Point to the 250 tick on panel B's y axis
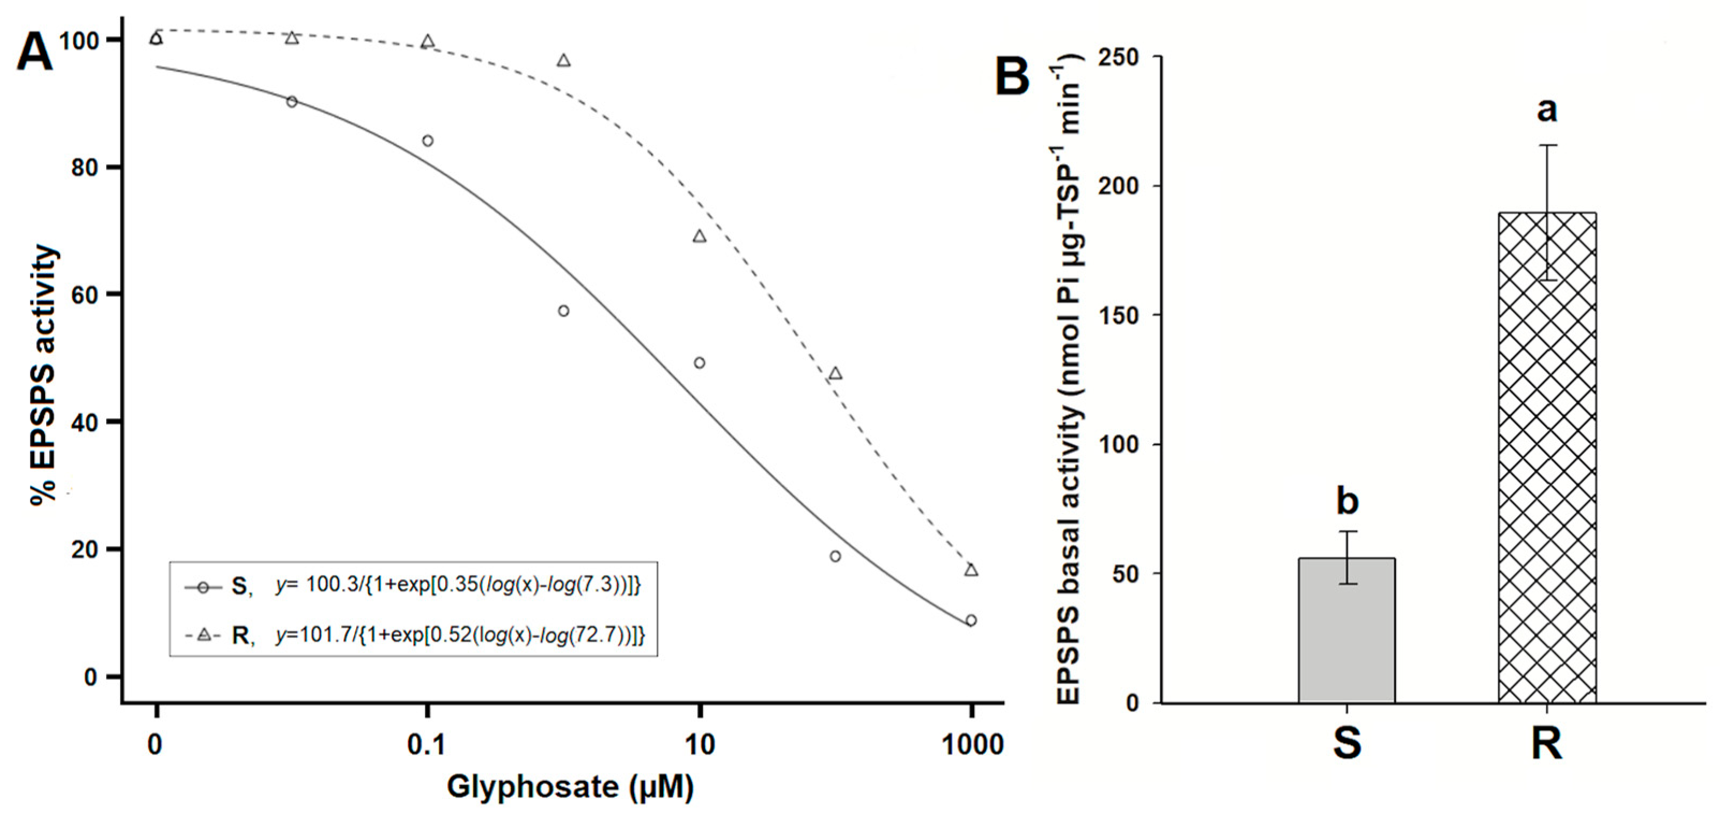(1117, 56)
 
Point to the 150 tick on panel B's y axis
(1117, 315)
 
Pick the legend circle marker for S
(204, 588)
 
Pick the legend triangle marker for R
(204, 635)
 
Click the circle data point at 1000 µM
(971, 621)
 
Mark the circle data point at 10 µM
(699, 363)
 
